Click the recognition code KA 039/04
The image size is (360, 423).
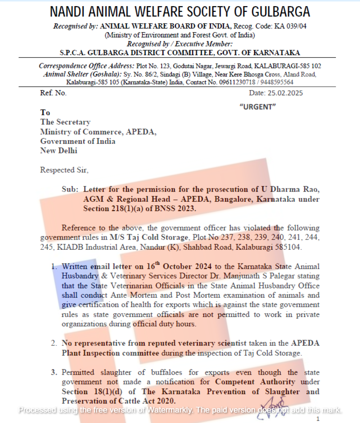point(289,26)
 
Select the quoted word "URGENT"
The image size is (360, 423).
point(257,106)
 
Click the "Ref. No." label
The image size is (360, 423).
point(53,93)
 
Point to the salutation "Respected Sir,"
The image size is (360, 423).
point(64,170)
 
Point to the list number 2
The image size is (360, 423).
point(53,343)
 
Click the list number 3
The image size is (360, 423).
point(53,372)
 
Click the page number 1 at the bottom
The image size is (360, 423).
point(318,418)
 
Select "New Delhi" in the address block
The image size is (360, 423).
point(59,151)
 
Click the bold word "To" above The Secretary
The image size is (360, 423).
point(45,112)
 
